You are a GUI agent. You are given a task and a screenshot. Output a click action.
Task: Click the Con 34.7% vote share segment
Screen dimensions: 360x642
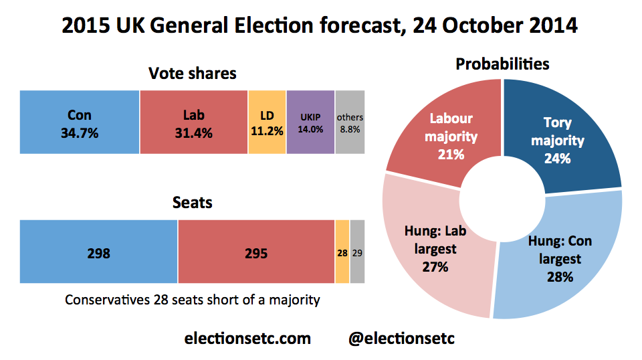click(80, 122)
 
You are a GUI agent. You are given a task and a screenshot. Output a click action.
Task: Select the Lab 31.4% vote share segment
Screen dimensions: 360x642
click(194, 122)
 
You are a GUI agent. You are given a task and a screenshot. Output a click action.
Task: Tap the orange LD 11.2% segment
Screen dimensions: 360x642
click(267, 122)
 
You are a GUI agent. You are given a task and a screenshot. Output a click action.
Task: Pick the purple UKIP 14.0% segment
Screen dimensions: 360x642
click(310, 122)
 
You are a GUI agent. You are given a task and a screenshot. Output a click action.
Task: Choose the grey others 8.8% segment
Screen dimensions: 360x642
click(350, 122)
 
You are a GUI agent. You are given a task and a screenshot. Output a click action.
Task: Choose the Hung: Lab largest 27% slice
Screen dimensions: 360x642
click(435, 248)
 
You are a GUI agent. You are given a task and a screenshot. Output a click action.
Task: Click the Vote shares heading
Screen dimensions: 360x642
click(193, 73)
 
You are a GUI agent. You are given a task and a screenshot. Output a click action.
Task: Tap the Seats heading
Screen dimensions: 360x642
click(192, 201)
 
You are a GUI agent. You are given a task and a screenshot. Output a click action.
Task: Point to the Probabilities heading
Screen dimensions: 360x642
click(502, 64)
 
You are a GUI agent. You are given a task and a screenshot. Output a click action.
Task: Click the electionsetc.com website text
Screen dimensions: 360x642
click(247, 338)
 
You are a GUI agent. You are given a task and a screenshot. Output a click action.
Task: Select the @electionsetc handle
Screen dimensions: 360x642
click(402, 338)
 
